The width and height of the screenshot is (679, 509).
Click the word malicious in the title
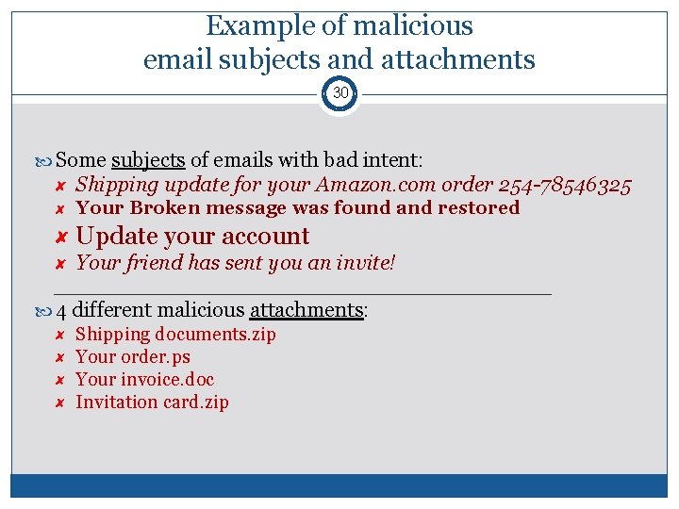click(x=411, y=25)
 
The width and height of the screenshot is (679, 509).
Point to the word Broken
click(x=165, y=207)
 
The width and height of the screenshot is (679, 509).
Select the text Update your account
click(x=192, y=236)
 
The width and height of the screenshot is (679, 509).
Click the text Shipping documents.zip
click(x=175, y=335)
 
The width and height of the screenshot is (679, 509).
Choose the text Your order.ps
click(x=133, y=357)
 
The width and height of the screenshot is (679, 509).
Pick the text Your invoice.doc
click(x=144, y=380)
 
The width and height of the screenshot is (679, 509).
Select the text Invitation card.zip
click(x=152, y=402)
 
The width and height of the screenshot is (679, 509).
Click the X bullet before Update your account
click(x=59, y=237)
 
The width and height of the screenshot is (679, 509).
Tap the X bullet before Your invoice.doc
click(x=58, y=380)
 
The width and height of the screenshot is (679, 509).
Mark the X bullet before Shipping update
click(x=58, y=185)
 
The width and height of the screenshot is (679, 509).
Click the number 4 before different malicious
click(x=61, y=310)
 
